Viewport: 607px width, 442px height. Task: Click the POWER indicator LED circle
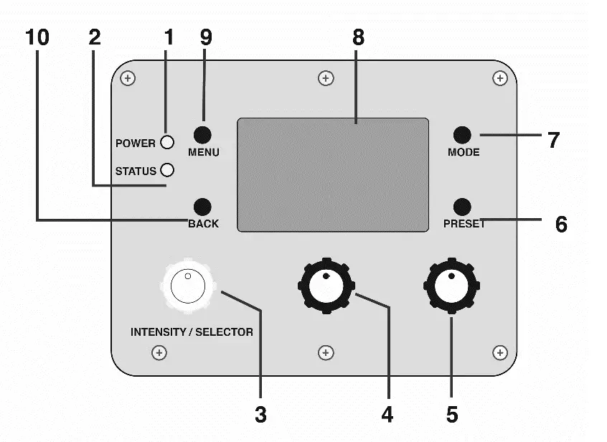(x=167, y=142)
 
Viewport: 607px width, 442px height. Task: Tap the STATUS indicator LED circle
(x=167, y=170)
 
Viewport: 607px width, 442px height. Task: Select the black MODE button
(x=463, y=134)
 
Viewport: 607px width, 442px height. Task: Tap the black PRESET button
(x=463, y=205)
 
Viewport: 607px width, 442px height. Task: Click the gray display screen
(x=333, y=174)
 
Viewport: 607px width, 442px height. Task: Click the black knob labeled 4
(x=325, y=285)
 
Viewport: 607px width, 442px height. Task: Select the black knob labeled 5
(x=451, y=285)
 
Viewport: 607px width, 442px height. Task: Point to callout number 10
(x=37, y=38)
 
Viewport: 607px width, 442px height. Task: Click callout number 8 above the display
(x=357, y=38)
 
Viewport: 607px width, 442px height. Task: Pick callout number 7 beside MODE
(x=553, y=139)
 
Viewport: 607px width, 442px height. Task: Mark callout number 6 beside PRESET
(x=560, y=224)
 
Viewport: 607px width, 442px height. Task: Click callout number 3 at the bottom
(x=261, y=415)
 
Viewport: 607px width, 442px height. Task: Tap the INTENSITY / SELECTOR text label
(x=192, y=332)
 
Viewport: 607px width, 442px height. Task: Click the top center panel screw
(x=326, y=77)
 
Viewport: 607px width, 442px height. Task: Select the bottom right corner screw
(x=500, y=352)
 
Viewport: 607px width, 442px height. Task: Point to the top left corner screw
(x=127, y=77)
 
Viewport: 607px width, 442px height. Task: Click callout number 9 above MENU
(x=206, y=38)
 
